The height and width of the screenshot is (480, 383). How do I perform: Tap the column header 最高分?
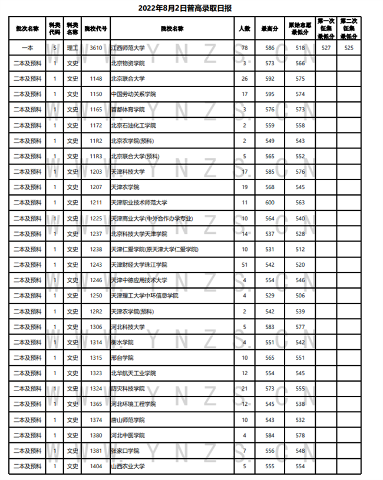click(x=270, y=28)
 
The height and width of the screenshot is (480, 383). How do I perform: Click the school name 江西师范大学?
click(x=128, y=48)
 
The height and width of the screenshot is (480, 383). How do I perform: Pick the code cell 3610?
click(x=96, y=48)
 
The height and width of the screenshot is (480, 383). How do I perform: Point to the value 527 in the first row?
click(x=326, y=48)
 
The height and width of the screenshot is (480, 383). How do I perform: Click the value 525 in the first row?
click(x=349, y=48)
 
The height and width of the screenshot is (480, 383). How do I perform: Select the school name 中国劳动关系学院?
click(x=133, y=94)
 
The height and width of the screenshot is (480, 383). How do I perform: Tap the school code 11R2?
click(x=96, y=141)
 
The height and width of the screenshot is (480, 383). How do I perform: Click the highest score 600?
click(x=270, y=203)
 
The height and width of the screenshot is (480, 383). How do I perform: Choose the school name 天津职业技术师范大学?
click(x=140, y=203)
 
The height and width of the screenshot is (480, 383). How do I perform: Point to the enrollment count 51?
click(x=245, y=265)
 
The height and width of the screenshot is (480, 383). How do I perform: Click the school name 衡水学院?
click(x=123, y=342)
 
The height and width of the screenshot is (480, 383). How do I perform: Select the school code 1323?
click(x=96, y=373)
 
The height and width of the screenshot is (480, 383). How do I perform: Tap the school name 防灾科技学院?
click(x=128, y=389)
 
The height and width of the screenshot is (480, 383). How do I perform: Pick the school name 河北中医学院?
click(x=128, y=435)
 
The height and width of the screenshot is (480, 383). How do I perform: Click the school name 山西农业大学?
click(x=128, y=466)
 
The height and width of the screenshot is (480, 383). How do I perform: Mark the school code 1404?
click(x=96, y=466)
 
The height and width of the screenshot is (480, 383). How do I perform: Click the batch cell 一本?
click(x=28, y=48)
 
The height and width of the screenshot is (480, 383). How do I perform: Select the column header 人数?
click(x=245, y=28)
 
